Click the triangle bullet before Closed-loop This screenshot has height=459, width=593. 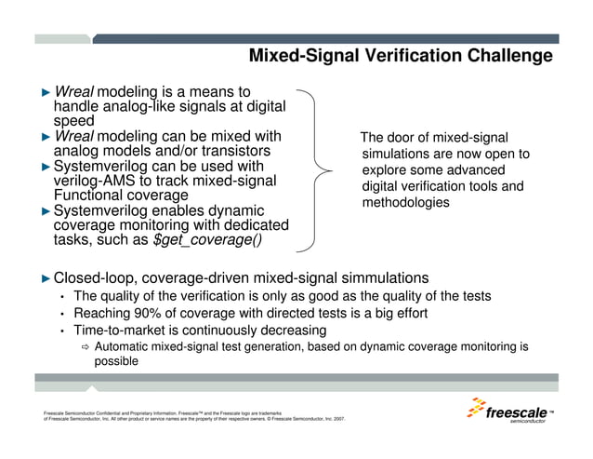46,278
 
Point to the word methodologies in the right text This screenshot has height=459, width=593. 405,202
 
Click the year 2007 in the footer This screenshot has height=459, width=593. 337,419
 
